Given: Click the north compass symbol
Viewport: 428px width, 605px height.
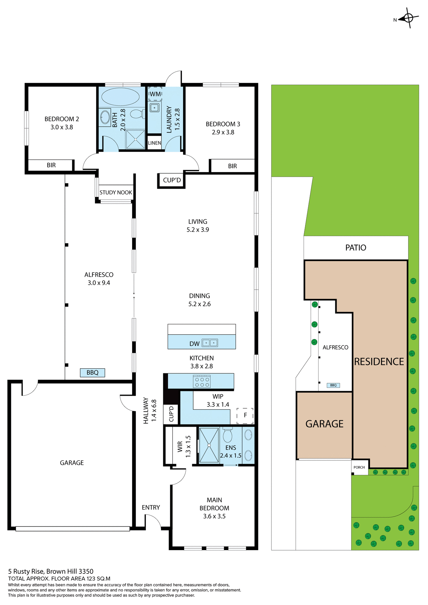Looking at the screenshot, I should tap(408, 18).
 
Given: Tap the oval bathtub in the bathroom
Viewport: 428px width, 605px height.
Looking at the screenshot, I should tap(120, 96).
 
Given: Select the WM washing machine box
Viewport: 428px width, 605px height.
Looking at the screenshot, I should tap(155, 94).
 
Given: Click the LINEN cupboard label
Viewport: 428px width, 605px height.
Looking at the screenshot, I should tap(154, 143).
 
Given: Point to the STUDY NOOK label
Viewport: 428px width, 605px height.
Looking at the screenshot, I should tap(116, 193).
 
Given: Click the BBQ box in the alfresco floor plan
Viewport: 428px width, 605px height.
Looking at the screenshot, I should tap(92, 372).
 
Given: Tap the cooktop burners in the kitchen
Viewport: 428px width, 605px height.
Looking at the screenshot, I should tap(202, 382).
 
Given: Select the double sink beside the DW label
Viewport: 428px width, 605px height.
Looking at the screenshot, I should tap(210, 343).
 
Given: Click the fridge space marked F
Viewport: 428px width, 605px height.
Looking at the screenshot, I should tap(245, 415).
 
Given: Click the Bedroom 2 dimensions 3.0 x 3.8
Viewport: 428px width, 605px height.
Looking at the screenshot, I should tap(62, 127).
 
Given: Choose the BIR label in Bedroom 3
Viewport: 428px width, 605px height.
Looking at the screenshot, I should tap(232, 166).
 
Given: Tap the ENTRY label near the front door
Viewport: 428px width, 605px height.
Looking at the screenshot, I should tap(151, 507).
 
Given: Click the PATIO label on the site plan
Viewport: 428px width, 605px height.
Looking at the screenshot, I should tap(356, 248).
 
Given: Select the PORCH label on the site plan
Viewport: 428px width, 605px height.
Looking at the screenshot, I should tap(359, 467).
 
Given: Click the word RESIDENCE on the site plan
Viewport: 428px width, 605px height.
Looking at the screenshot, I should tap(379, 362).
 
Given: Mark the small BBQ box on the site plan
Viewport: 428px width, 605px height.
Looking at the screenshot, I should tap(333, 385).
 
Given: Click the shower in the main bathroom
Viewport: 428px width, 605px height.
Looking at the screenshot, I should tap(135, 139).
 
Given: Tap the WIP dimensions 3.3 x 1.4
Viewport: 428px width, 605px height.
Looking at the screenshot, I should tap(218, 405).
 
